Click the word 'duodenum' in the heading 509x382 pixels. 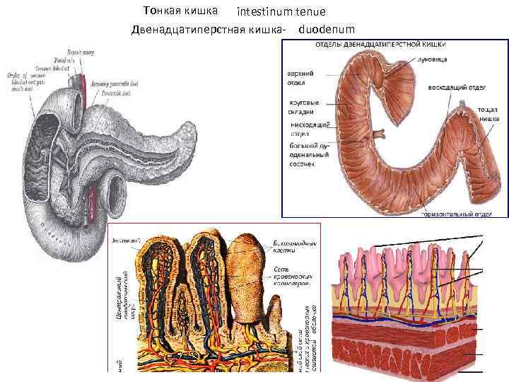click(x=327, y=30)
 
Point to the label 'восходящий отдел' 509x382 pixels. click(x=455, y=88)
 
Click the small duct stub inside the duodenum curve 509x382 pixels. click(x=379, y=133)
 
